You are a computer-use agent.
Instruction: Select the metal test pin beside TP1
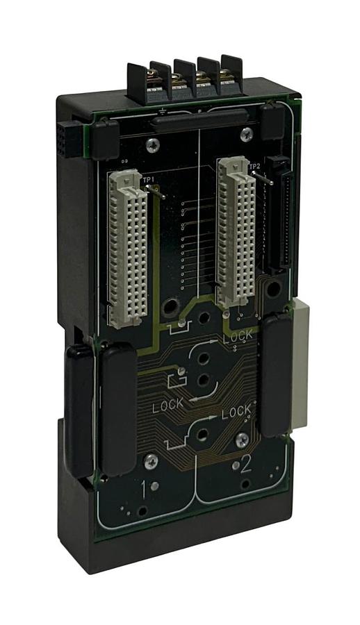tap(156, 192)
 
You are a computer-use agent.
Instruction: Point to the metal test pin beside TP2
tap(263, 178)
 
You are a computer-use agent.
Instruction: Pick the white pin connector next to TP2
tap(236, 231)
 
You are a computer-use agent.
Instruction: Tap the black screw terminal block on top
tap(186, 81)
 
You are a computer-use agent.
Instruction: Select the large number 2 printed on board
tap(245, 464)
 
